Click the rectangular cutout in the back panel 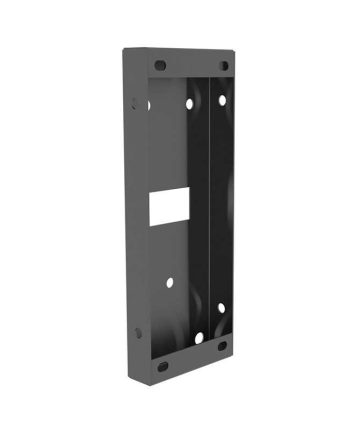pyautogui.click(x=167, y=206)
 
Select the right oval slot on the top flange pyautogui.click(x=224, y=66)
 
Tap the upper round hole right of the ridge pyautogui.click(x=222, y=99)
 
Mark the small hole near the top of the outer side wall pyautogui.click(x=137, y=101)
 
